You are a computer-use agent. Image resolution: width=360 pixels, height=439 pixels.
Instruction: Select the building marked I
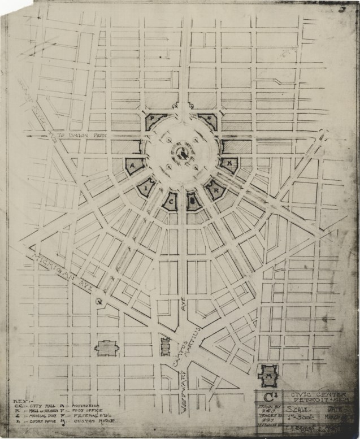coord(146,187)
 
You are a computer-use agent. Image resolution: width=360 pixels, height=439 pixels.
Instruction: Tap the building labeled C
coord(170,201)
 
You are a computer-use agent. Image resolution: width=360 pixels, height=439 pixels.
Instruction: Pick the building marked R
coord(215,189)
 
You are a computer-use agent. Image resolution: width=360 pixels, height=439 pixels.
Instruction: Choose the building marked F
coord(207,120)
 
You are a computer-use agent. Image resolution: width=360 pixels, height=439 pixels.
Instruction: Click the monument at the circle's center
coord(183,153)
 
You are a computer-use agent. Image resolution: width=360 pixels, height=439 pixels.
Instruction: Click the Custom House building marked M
coord(269,373)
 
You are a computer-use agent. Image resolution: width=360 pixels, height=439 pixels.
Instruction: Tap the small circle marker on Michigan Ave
coord(99,301)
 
